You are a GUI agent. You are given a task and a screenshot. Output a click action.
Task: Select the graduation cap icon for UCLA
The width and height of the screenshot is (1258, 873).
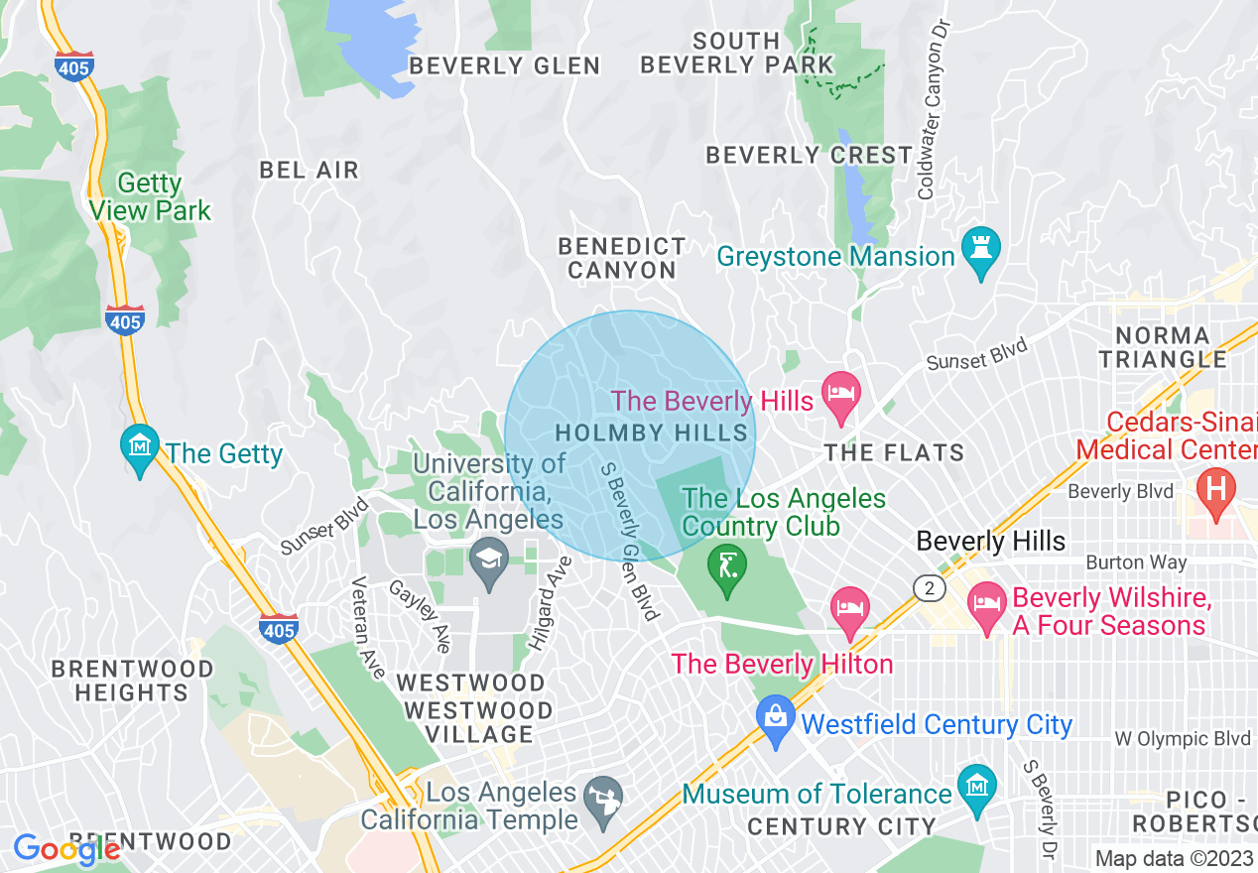tap(488, 562)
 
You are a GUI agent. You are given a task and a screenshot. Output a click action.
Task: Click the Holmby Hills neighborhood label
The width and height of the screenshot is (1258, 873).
tap(652, 433)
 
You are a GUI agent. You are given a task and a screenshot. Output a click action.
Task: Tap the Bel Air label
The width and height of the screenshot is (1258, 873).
tap(309, 170)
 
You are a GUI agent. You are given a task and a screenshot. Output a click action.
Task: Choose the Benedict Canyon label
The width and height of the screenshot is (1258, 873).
tap(622, 258)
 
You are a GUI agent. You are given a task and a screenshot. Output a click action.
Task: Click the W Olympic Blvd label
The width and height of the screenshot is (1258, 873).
tap(1182, 739)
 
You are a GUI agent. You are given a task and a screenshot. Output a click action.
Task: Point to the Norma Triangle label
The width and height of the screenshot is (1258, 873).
tap(1163, 347)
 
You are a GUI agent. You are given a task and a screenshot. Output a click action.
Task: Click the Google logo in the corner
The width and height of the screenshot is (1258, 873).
tap(65, 849)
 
